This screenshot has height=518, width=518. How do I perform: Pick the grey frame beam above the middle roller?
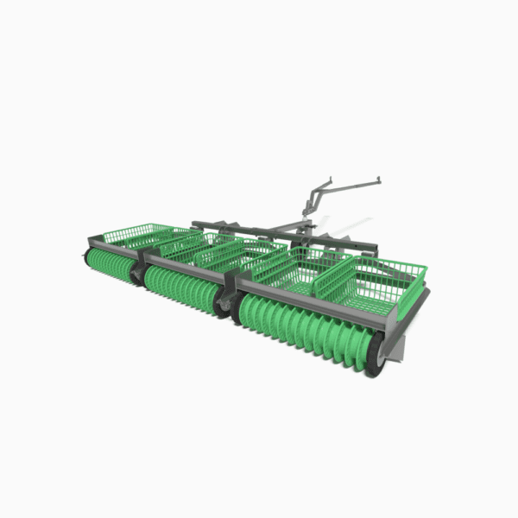(190, 262)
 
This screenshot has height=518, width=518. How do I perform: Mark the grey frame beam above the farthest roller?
(112, 244)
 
